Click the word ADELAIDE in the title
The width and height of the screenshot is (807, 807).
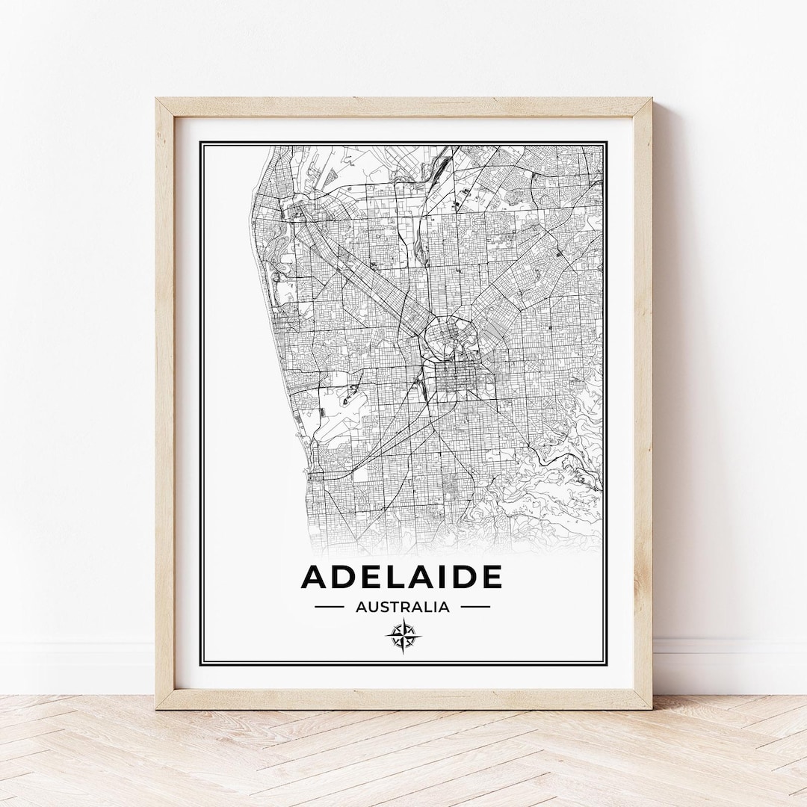[x=401, y=577]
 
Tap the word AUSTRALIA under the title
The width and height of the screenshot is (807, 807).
[x=403, y=607]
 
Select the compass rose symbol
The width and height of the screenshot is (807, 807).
[x=403, y=637]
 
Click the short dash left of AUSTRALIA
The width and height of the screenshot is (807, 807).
[x=330, y=607]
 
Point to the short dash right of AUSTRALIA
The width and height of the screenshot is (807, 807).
[x=475, y=607]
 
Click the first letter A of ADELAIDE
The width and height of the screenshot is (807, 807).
[x=315, y=577]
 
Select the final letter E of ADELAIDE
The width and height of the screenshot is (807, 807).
[x=492, y=577]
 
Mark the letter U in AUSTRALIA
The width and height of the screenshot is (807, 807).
[x=372, y=607]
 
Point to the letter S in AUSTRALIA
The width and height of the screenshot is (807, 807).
[x=383, y=607]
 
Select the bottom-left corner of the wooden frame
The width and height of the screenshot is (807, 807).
[x=158, y=707]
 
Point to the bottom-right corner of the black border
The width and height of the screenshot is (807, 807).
[x=606, y=664]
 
